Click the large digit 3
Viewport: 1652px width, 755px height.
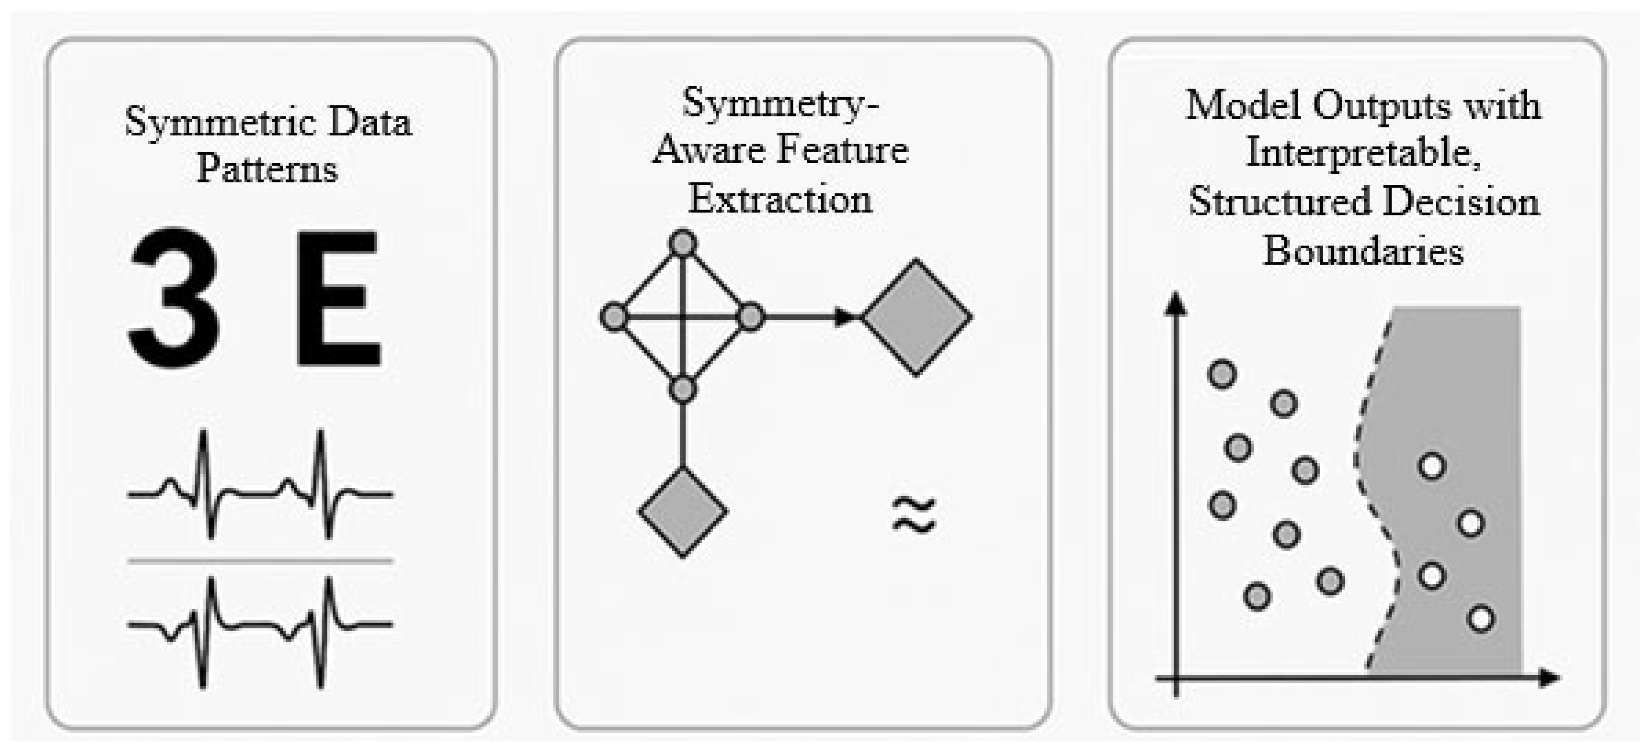(174, 299)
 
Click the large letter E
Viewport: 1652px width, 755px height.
(338, 299)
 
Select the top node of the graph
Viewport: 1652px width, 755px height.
(682, 243)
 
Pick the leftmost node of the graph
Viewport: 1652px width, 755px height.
(614, 317)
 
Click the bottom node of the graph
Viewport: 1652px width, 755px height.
(682, 389)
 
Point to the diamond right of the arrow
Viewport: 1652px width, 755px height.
(916, 317)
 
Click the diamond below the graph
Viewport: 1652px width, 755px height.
(682, 512)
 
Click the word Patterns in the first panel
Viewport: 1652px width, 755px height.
(267, 170)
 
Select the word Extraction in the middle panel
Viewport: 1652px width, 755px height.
(780, 199)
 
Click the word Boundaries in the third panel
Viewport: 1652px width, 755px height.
(1363, 250)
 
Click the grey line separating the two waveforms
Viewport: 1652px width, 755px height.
(260, 561)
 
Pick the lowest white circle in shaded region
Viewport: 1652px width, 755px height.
(1481, 618)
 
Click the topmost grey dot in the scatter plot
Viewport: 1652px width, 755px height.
(1222, 374)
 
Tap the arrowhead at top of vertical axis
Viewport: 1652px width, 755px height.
(1175, 303)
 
